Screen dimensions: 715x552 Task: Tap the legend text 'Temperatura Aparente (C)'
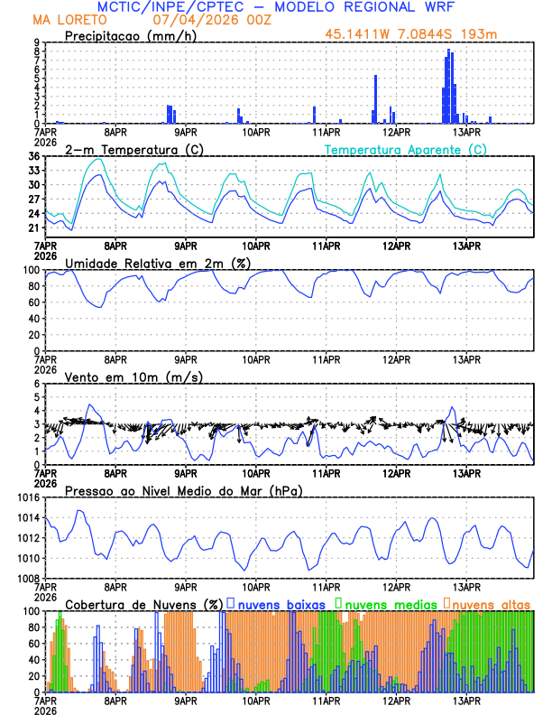405,149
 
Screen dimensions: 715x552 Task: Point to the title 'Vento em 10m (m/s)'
121,376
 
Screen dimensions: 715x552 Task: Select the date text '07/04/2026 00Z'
201,19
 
